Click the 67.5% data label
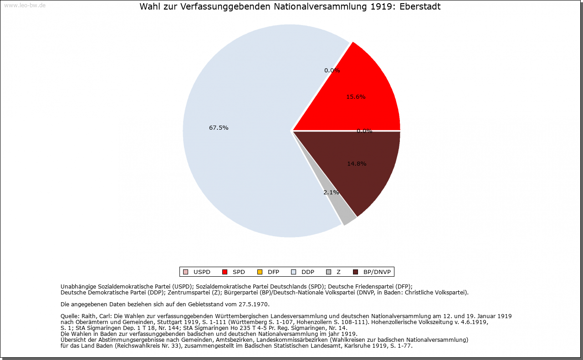[219, 128]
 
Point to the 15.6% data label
[356, 97]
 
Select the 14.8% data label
[357, 164]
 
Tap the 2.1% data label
[331, 193]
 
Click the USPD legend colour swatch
[185, 272]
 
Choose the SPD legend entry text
[239, 272]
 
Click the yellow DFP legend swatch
[260, 272]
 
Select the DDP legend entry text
[308, 272]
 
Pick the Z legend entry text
[338, 272]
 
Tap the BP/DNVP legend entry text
[377, 272]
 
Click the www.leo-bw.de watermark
[25, 5]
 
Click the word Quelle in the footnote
[70, 316]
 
